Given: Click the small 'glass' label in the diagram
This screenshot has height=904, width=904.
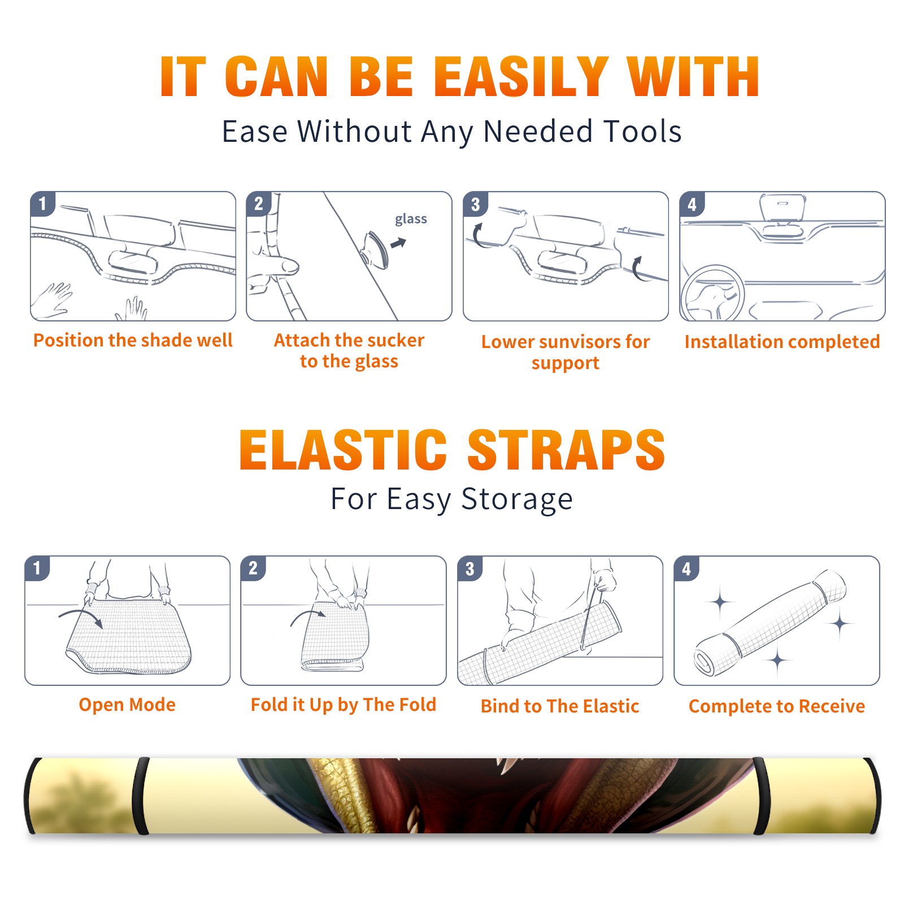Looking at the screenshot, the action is pos(411,219).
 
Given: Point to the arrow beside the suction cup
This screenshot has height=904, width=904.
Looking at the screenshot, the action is pos(398,243).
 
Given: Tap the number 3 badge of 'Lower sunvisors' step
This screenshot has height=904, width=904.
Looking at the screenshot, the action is pos(475,204).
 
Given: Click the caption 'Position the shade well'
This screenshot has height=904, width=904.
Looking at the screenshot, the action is pos(133,340).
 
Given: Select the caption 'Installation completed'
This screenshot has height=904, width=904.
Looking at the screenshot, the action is pos(782,342).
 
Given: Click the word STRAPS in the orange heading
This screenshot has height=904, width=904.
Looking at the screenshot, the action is pos(566,450).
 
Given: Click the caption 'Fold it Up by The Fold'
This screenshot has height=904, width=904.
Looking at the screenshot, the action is pos(344,705).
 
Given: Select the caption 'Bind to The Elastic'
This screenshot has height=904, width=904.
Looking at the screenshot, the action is pos(560,706).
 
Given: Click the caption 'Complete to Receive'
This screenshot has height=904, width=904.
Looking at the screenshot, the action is pos(777,706).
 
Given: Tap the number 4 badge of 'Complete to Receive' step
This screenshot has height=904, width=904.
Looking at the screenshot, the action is pos(686,568).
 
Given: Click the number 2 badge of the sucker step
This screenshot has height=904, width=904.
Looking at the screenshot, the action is pos(259,204).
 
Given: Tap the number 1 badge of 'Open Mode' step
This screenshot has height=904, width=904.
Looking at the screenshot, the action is pos(37,568).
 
